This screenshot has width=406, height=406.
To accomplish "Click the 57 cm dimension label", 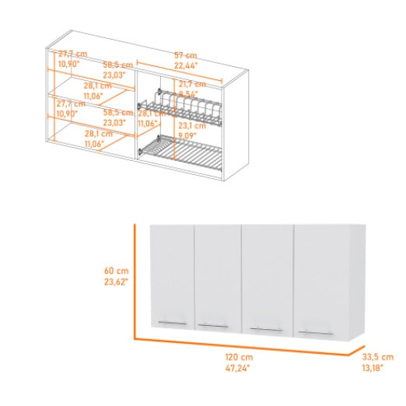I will tap(184, 55).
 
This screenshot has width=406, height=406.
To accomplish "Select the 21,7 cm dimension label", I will tap(191, 83).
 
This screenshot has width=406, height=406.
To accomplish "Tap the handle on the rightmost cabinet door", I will tap(317, 333).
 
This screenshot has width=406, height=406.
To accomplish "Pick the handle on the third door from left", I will tap(267, 330).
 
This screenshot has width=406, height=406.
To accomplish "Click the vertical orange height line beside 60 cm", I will tap(136, 280).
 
